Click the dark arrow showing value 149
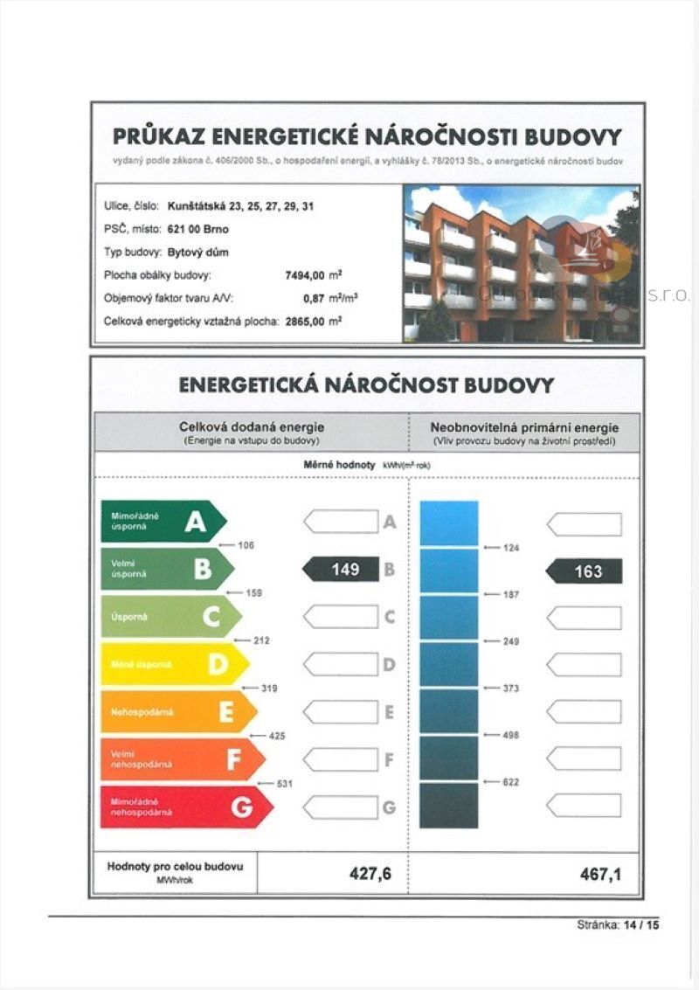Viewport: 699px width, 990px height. coord(341,570)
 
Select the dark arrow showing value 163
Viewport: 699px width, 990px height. coord(585,571)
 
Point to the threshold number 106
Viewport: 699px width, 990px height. coord(246,545)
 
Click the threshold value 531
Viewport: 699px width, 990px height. coord(284,784)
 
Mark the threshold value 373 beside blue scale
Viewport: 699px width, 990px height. coord(511,689)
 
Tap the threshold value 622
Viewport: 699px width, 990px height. coord(511,782)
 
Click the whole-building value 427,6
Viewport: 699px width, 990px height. coord(370,874)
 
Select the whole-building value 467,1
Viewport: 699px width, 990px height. coord(600,874)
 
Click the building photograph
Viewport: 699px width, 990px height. coord(521,264)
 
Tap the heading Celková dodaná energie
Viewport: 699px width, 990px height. coord(252,427)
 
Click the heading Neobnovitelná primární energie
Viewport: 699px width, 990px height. coord(524,427)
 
